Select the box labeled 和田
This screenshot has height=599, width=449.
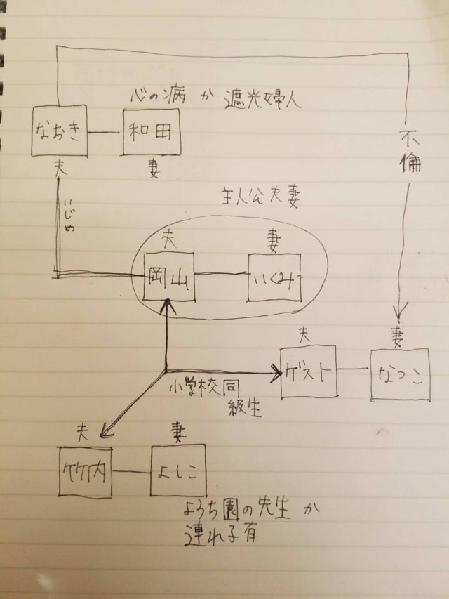click(x=149, y=131)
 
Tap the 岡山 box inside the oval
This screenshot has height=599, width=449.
click(x=168, y=275)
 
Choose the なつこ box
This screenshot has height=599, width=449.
click(x=398, y=374)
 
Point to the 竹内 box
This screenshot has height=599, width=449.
click(x=86, y=471)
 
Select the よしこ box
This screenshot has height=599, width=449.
click(x=178, y=470)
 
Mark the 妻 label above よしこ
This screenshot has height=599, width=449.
click(x=177, y=432)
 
